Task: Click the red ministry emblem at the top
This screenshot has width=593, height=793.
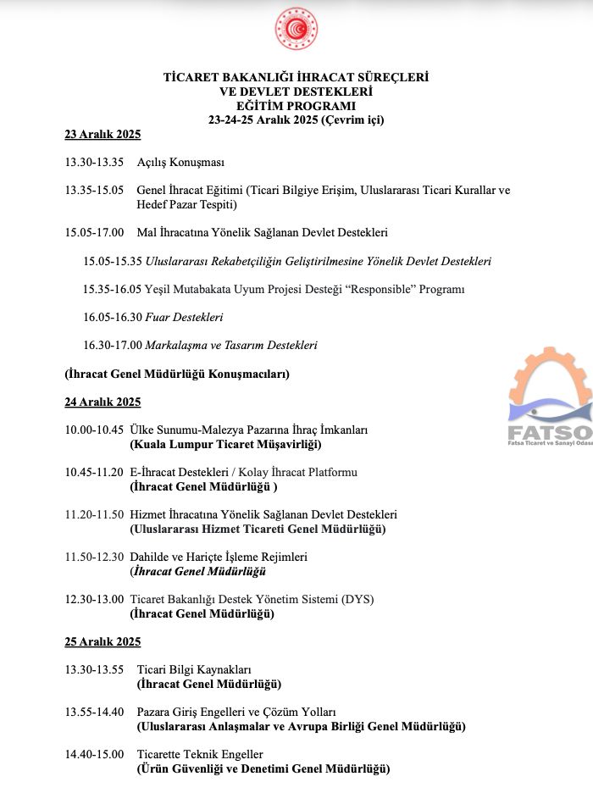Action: (x=296, y=29)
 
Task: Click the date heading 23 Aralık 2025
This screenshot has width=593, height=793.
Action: (x=103, y=135)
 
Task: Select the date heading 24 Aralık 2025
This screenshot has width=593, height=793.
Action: (x=103, y=402)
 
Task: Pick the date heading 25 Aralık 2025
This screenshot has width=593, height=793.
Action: (x=103, y=641)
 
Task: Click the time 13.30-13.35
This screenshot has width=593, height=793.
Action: (x=94, y=163)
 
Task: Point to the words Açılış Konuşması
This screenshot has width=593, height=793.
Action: (x=180, y=163)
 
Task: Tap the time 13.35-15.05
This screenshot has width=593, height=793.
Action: (x=94, y=191)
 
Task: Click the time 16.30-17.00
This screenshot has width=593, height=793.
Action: (x=113, y=346)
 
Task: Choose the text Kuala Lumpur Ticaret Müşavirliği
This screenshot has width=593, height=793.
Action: (x=225, y=444)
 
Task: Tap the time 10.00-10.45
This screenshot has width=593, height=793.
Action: (x=94, y=430)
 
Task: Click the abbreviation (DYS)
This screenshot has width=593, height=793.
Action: (x=357, y=599)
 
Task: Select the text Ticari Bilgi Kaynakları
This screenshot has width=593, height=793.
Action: (x=194, y=669)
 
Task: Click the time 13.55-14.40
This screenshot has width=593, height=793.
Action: (x=94, y=712)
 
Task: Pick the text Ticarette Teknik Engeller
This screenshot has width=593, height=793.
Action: (x=200, y=754)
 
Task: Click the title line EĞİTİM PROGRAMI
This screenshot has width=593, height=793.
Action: (x=296, y=106)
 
